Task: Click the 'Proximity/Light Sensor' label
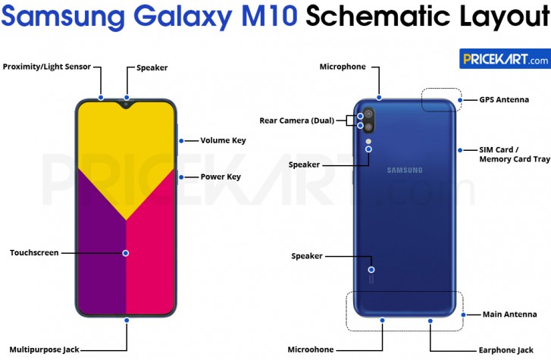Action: click(x=47, y=67)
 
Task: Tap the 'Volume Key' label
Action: click(x=223, y=140)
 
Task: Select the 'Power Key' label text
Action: click(x=221, y=177)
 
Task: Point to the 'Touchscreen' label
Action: click(x=34, y=252)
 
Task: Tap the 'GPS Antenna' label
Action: click(x=504, y=99)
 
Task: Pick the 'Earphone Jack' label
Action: click(x=505, y=349)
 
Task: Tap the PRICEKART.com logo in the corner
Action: click(x=504, y=59)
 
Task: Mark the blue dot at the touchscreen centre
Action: click(x=126, y=252)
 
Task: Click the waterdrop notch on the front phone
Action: click(x=127, y=104)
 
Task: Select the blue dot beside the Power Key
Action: click(x=181, y=177)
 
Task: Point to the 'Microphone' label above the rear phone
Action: click(x=343, y=67)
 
